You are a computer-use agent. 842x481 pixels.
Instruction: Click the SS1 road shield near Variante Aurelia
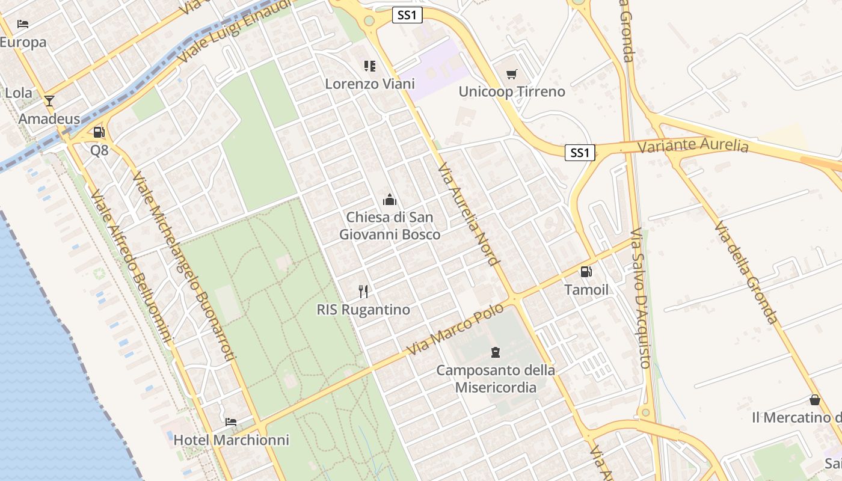coord(580,153)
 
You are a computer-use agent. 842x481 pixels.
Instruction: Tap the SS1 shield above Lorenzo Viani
coord(407,15)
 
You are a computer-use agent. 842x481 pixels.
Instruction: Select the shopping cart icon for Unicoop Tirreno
coord(512,74)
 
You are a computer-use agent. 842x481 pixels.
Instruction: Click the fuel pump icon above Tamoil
coord(586,272)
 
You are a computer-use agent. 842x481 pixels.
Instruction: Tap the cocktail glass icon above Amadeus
coord(49,100)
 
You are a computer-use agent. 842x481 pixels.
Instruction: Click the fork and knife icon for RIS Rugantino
coord(363,292)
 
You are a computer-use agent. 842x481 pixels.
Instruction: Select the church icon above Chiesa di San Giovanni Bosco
coord(390,199)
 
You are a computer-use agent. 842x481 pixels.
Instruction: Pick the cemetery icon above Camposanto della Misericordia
coord(496,352)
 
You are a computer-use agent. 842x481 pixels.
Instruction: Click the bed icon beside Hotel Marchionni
coord(231,421)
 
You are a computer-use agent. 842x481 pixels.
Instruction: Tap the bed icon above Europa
coord(23,24)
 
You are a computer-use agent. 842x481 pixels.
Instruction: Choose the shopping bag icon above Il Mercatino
coord(814,400)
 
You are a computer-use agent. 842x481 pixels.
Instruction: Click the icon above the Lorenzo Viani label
coord(370,66)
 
